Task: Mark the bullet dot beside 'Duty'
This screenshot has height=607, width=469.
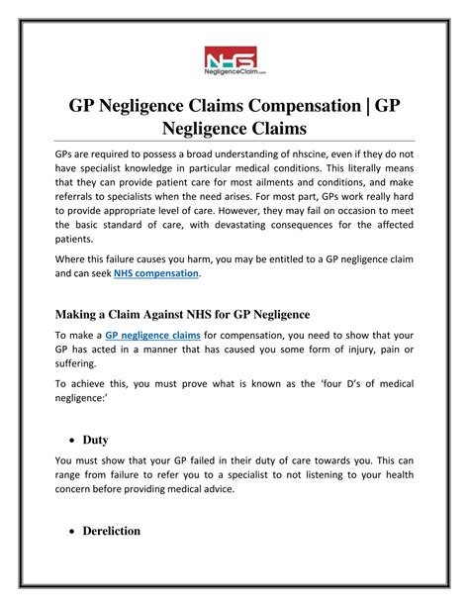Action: click(x=76, y=438)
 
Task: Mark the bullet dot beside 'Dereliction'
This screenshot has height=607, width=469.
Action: click(x=76, y=532)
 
